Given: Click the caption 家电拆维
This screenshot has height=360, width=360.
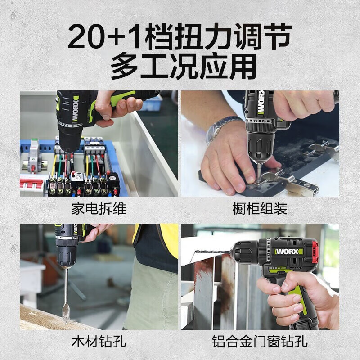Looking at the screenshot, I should pyautogui.click(x=99, y=209).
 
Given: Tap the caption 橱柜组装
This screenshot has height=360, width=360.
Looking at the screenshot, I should pyautogui.click(x=260, y=209).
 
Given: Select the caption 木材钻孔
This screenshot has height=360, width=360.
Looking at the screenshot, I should pyautogui.click(x=99, y=342).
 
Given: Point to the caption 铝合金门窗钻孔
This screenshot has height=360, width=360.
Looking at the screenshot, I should pyautogui.click(x=260, y=342).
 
